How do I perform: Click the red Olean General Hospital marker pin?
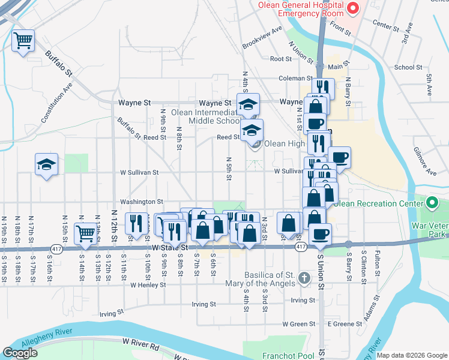coord(353,8)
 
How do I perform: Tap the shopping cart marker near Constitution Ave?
coord(23,41)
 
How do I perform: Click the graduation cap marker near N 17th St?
coord(46,164)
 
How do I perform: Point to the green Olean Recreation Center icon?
coord(431,203)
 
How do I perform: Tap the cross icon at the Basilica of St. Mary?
coord(304,278)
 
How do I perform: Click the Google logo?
coord(20,353)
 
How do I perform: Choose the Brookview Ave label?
coord(262,38)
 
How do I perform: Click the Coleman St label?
coord(293,78)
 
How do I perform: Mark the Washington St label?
coord(142,202)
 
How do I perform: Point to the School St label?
coord(408,67)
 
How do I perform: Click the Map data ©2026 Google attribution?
coord(411,355)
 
